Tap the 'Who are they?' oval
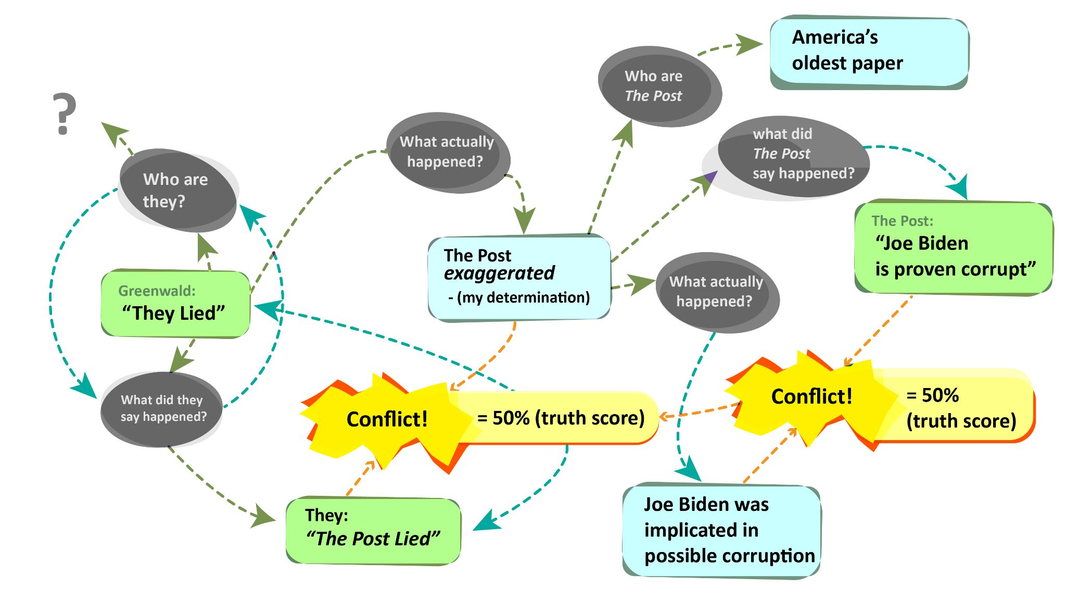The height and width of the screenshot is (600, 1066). click(177, 191)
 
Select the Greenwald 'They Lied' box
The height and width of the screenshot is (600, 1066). click(175, 304)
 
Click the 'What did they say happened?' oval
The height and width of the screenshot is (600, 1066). click(162, 409)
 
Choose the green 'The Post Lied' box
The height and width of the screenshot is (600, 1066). click(373, 530)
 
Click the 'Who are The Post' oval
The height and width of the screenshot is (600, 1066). click(658, 86)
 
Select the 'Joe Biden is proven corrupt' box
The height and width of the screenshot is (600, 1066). click(953, 248)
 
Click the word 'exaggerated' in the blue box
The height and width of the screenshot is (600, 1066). click(499, 273)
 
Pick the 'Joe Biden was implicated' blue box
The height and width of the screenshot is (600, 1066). click(721, 530)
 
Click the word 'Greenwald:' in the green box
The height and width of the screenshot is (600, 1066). click(157, 291)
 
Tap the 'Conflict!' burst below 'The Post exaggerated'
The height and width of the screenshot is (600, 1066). click(387, 419)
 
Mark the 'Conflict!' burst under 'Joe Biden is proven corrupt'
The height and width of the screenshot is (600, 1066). click(811, 397)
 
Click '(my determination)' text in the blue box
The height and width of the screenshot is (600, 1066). click(523, 297)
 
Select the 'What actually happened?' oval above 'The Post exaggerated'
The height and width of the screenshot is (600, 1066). click(447, 152)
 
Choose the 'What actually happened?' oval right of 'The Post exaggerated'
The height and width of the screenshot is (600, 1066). click(716, 292)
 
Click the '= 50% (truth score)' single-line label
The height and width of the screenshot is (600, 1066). click(561, 418)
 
